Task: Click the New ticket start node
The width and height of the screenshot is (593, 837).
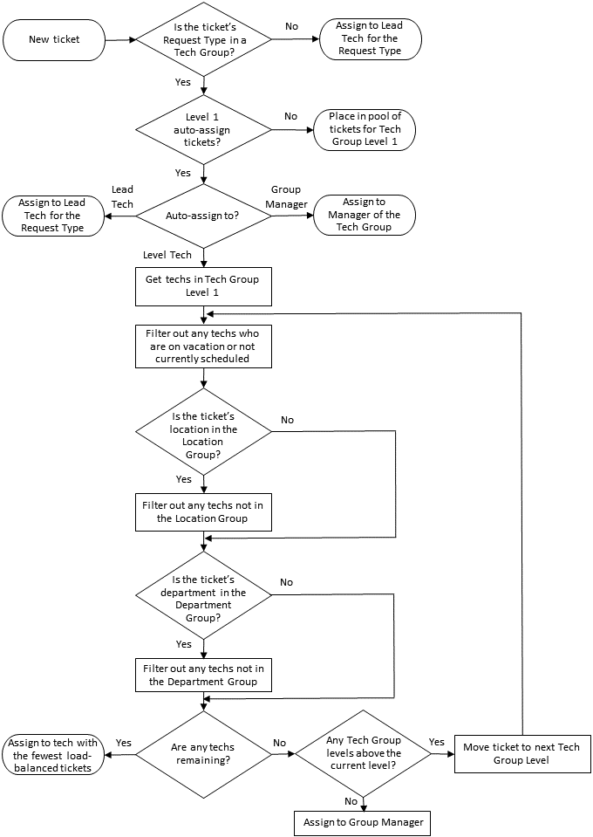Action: (x=54, y=39)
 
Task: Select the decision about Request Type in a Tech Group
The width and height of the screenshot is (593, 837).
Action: (x=203, y=39)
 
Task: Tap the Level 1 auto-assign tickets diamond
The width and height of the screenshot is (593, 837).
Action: (x=203, y=129)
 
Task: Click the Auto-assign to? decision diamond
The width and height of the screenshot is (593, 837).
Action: (x=203, y=215)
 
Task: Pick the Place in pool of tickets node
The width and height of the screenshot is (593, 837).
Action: (x=365, y=129)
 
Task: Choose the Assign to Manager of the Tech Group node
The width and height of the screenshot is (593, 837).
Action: (x=365, y=215)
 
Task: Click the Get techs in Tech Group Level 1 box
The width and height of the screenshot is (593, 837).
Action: (x=203, y=286)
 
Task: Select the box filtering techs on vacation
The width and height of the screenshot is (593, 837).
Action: (x=203, y=346)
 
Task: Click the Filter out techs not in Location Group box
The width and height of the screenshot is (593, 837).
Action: (x=203, y=511)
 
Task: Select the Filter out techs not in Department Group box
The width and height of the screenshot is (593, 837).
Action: (x=203, y=675)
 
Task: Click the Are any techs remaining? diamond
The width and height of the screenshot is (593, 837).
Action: (x=203, y=754)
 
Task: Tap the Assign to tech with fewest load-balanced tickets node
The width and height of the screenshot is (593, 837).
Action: (x=54, y=754)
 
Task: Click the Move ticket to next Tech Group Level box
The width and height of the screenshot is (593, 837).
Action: (x=521, y=754)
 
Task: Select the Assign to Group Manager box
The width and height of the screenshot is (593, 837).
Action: (x=362, y=822)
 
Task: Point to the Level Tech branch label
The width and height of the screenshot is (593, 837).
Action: (x=167, y=255)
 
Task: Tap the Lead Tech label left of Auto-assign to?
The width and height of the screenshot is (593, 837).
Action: (x=122, y=197)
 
